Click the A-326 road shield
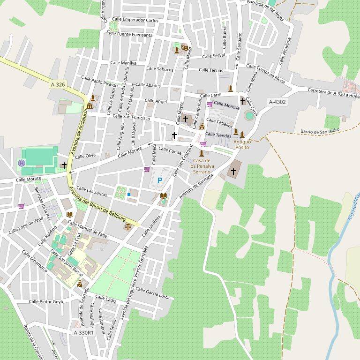point(58,84)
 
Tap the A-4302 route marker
point(277,102)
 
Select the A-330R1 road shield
point(83,332)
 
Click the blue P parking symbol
point(159,180)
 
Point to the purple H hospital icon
point(21,163)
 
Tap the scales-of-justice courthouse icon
point(128,226)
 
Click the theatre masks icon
point(185,47)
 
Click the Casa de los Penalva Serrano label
point(202,166)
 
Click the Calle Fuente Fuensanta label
point(130,34)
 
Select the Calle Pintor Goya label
point(46,301)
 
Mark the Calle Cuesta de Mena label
point(265,72)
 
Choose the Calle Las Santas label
point(91,191)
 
